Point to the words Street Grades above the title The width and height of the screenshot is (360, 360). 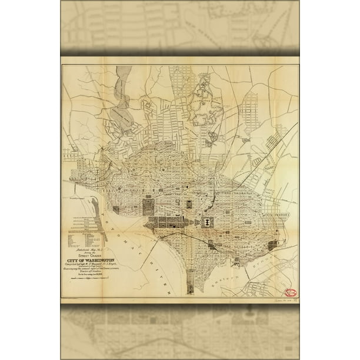pos(91,254)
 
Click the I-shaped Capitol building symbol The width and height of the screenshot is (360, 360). pos(207,221)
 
